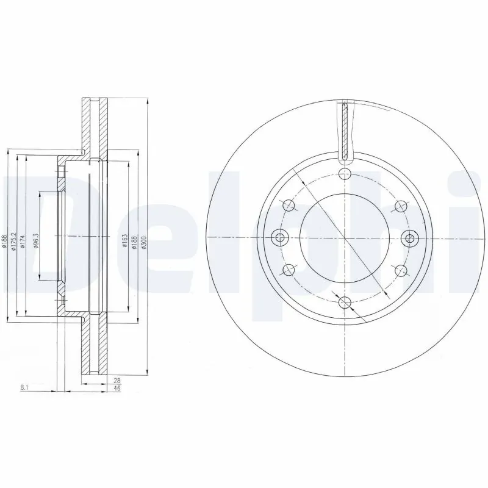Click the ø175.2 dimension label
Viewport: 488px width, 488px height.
14,243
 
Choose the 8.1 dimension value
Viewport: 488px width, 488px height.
25,386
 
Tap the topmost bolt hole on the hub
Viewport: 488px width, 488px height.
344,175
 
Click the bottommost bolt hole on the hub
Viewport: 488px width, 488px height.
344,301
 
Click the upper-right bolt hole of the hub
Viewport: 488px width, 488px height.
400,206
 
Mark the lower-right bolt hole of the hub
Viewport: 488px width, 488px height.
400,269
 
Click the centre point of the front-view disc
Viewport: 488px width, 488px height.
344,238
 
